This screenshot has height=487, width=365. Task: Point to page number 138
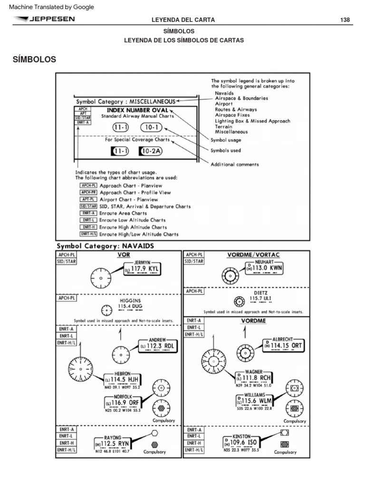point(345,20)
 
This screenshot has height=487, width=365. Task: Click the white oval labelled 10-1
point(151,127)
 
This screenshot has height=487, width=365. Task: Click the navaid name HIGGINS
point(129,301)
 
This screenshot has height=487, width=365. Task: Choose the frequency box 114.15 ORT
point(284,346)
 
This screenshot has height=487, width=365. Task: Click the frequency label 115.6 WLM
point(256,401)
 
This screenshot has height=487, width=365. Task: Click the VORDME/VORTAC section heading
point(253,255)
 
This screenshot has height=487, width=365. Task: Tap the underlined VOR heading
point(124,255)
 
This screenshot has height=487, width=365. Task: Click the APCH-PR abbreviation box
point(88,193)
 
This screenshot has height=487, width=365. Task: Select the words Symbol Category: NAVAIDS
point(105,246)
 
